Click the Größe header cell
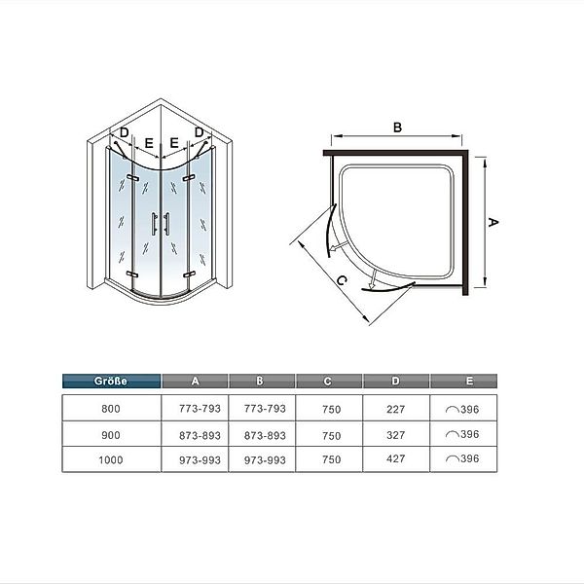(111, 381)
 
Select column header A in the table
(196, 381)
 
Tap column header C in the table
(328, 381)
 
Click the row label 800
(111, 409)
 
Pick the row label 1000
(111, 460)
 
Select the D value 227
(395, 410)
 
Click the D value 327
(395, 435)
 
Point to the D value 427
(395, 458)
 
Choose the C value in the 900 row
(332, 435)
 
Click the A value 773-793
(200, 409)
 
